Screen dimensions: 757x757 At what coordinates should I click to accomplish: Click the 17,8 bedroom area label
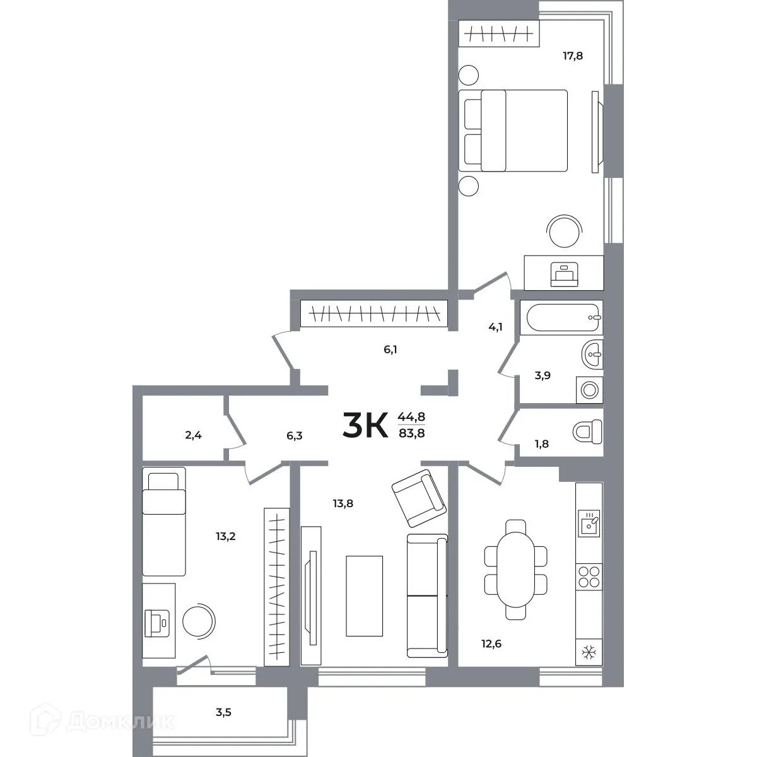(x=573, y=56)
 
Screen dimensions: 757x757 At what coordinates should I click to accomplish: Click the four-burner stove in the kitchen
(x=589, y=575)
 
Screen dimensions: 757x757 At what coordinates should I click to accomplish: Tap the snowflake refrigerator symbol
(x=589, y=650)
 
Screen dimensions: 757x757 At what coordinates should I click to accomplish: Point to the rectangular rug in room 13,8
(x=365, y=596)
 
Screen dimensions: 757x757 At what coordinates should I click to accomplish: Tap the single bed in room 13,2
(x=164, y=520)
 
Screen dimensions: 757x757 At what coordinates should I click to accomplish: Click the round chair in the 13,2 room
(x=199, y=621)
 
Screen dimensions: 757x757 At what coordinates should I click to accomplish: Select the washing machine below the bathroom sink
(x=589, y=389)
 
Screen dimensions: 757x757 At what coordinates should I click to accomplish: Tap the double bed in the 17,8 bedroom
(x=514, y=131)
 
